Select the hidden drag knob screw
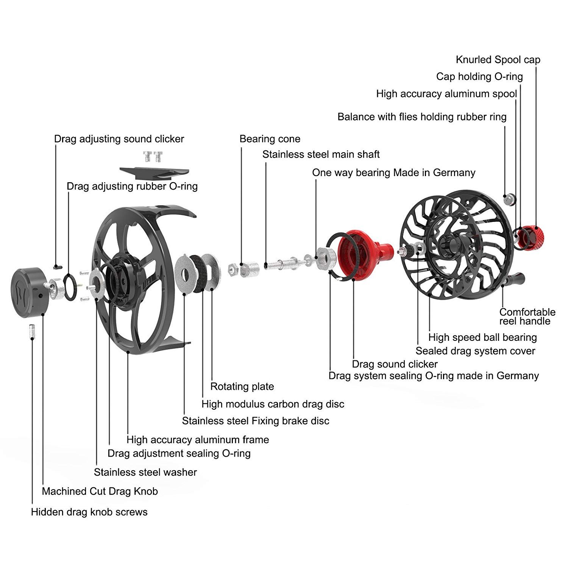tap(32, 331)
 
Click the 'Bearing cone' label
tap(270, 139)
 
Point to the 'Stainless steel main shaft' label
tap(321, 154)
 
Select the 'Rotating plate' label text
tap(242, 387)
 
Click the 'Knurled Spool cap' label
tap(498, 60)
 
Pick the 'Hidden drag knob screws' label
tap(89, 512)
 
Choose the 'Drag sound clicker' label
tap(395, 364)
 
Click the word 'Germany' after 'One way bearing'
tap(454, 173)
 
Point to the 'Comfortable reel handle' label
tap(527, 317)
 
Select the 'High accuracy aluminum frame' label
tap(198, 440)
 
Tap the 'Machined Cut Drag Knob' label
tap(100, 491)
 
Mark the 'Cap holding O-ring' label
tap(479, 76)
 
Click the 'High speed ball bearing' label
tap(482, 337)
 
